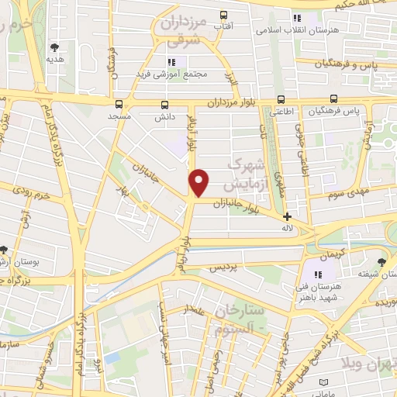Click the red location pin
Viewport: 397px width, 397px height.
coord(199,182)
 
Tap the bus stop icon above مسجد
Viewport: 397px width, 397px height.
coord(119,103)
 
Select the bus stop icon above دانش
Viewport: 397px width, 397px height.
coord(164,104)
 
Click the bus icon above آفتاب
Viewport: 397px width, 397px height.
coord(224,15)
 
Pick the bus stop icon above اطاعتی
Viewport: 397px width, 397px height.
coord(281,99)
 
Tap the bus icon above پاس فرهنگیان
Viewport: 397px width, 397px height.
coord(333,98)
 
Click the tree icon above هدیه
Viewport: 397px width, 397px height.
coord(54,47)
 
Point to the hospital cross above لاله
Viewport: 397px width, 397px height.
coord(287,217)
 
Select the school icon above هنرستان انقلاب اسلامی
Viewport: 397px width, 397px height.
coord(295,18)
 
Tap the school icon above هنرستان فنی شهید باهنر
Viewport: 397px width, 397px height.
coord(316,274)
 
